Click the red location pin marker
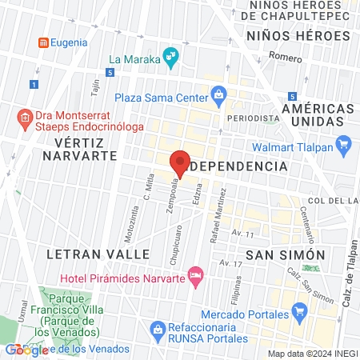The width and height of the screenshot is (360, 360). coord(180,163)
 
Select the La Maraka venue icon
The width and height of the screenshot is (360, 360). coord(170,56)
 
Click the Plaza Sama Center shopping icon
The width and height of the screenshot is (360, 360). coord(219,98)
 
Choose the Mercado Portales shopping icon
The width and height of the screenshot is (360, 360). coord(300,311)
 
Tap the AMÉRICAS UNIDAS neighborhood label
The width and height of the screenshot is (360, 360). coord(318,115)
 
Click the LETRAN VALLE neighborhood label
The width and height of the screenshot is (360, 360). coord(98,254)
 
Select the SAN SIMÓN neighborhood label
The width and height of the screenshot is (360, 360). coord(286,254)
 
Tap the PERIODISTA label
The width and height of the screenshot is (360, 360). coord(253,117)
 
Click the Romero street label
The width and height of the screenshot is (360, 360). coord(286,57)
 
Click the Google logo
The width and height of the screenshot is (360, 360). coord(26,350)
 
